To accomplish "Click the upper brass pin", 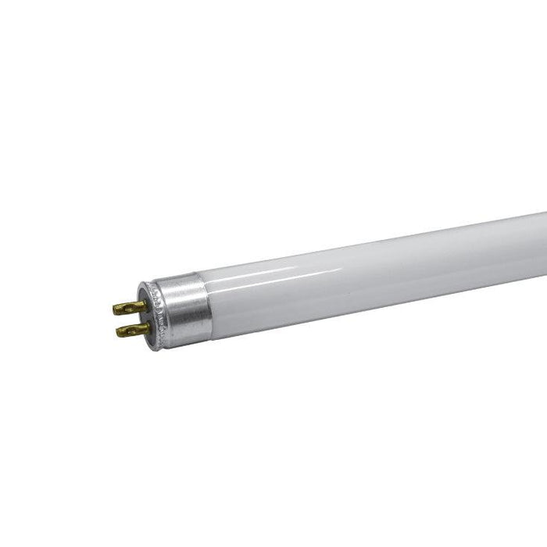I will point(128,306).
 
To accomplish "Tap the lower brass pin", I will point(129,331).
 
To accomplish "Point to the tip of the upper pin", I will point(116,307).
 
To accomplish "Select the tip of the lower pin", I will point(117,331).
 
